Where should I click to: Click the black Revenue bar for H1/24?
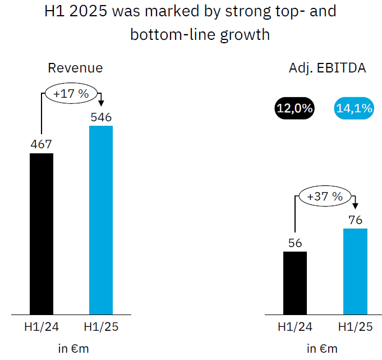42,234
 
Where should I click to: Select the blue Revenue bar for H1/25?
101,220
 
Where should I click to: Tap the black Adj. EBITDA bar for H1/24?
295,283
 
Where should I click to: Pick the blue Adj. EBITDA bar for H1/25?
355,271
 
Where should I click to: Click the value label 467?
41,144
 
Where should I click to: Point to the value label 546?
101,117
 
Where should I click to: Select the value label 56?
295,243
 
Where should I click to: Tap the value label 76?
355,220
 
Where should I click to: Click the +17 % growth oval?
71,94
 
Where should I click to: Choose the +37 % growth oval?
325,196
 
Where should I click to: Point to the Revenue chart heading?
75,68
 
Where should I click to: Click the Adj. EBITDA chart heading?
327,69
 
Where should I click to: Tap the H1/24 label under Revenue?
41,327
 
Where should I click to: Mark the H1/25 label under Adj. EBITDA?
355,327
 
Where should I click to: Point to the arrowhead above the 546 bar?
101,103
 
